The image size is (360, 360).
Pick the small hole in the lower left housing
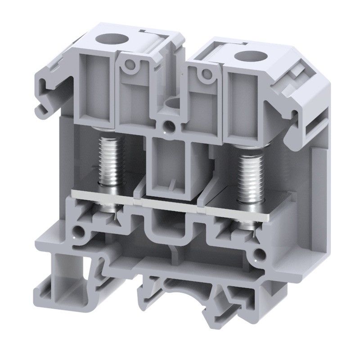point(81,232)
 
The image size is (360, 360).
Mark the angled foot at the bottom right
point(234,310)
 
